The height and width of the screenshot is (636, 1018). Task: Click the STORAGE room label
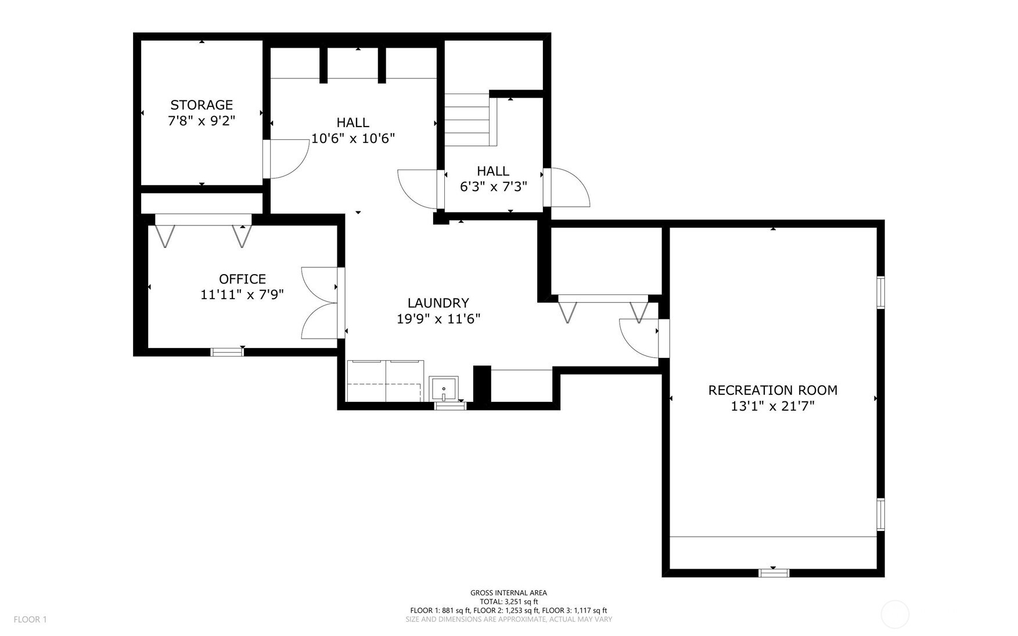pyautogui.click(x=202, y=105)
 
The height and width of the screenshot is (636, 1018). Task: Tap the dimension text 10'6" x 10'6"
pyautogui.click(x=353, y=138)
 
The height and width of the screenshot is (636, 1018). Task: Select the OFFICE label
pyautogui.click(x=242, y=279)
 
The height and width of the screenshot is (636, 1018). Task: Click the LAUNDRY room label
pyautogui.click(x=438, y=303)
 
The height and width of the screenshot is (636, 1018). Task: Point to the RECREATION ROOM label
pyautogui.click(x=772, y=390)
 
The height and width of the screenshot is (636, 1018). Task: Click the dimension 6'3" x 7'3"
pyautogui.click(x=493, y=186)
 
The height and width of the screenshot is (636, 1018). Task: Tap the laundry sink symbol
pyautogui.click(x=443, y=389)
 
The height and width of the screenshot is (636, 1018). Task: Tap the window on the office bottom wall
pyautogui.click(x=226, y=351)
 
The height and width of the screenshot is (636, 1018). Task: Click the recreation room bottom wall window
pyautogui.click(x=774, y=573)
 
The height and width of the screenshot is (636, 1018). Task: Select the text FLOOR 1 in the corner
pyautogui.click(x=30, y=619)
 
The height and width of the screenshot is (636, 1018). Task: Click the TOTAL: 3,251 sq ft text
pyautogui.click(x=508, y=602)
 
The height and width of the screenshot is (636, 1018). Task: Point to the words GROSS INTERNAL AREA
pyautogui.click(x=508, y=593)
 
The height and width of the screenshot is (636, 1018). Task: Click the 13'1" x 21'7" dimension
pyautogui.click(x=772, y=407)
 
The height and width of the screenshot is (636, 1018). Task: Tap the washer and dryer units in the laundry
pyautogui.click(x=385, y=381)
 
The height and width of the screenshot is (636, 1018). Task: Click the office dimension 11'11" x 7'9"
pyautogui.click(x=242, y=295)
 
